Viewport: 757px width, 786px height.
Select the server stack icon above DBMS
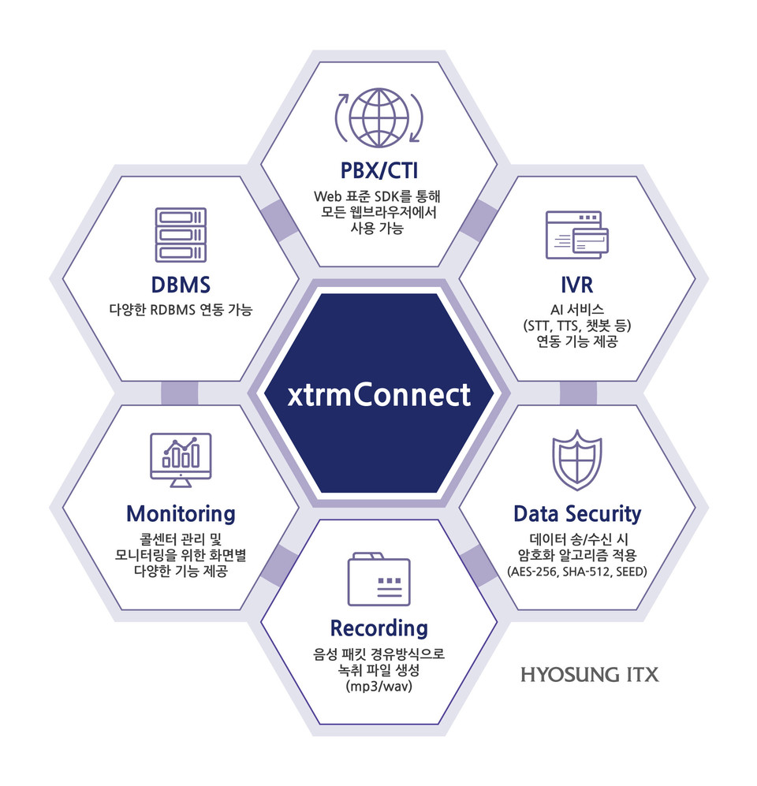(181, 234)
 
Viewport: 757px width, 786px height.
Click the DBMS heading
(180, 284)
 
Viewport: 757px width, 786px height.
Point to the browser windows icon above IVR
(577, 234)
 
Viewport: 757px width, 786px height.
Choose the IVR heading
(577, 284)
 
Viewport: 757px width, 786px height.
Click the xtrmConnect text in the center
(378, 394)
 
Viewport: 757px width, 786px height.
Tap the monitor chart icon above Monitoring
(181, 459)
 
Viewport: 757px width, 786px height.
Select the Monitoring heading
(181, 514)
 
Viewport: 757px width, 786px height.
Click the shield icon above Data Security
(577, 460)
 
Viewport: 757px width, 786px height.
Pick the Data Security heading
(577, 514)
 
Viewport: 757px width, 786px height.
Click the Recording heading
(378, 628)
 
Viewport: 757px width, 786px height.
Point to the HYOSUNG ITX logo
(589, 676)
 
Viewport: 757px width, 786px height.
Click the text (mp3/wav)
(378, 687)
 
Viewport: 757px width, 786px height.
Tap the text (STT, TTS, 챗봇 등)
(577, 325)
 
